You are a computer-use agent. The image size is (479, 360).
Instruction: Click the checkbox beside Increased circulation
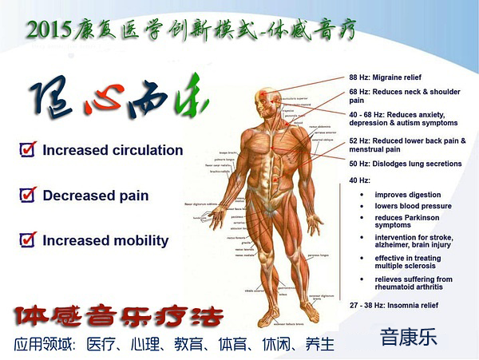(29, 149)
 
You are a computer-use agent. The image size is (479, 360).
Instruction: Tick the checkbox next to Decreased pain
(29, 195)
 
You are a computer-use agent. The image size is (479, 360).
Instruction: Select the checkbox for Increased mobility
(29, 239)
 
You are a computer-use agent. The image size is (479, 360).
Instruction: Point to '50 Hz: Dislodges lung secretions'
(405, 164)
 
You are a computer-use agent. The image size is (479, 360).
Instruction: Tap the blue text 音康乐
(409, 337)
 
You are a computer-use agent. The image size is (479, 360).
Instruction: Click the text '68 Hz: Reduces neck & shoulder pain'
(404, 97)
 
